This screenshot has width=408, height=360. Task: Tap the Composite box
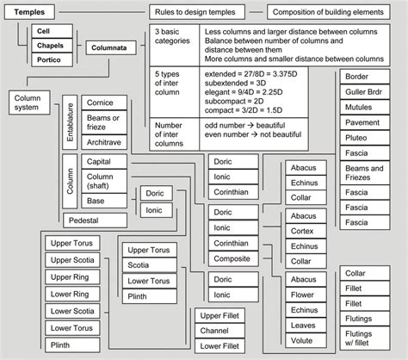pos(232,258)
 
